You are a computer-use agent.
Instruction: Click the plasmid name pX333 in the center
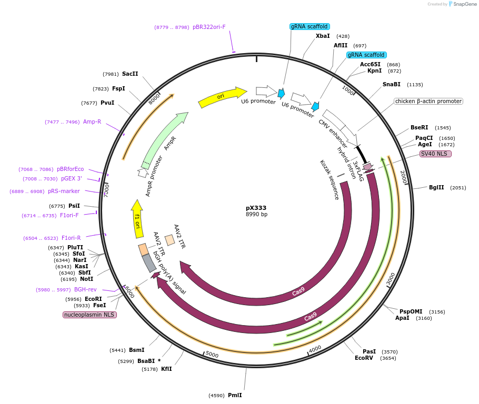click(x=256, y=208)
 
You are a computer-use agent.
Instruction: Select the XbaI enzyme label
click(x=323, y=36)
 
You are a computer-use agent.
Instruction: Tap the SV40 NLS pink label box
click(x=435, y=154)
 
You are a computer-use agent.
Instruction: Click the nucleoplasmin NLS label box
click(x=89, y=315)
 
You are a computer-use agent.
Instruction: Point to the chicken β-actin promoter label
click(x=428, y=101)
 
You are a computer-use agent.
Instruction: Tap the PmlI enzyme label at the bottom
click(x=235, y=395)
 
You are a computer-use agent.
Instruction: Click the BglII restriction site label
click(x=436, y=187)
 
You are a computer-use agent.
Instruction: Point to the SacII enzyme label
click(x=130, y=74)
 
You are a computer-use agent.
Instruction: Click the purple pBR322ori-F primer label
click(x=209, y=27)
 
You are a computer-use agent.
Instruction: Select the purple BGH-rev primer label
click(x=85, y=289)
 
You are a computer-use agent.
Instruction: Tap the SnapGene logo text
click(x=465, y=4)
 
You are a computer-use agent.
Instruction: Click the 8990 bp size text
click(x=256, y=215)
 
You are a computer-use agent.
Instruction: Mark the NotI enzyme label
click(x=86, y=279)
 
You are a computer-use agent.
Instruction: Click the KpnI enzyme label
click(x=374, y=71)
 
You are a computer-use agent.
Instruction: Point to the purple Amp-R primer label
click(x=92, y=122)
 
